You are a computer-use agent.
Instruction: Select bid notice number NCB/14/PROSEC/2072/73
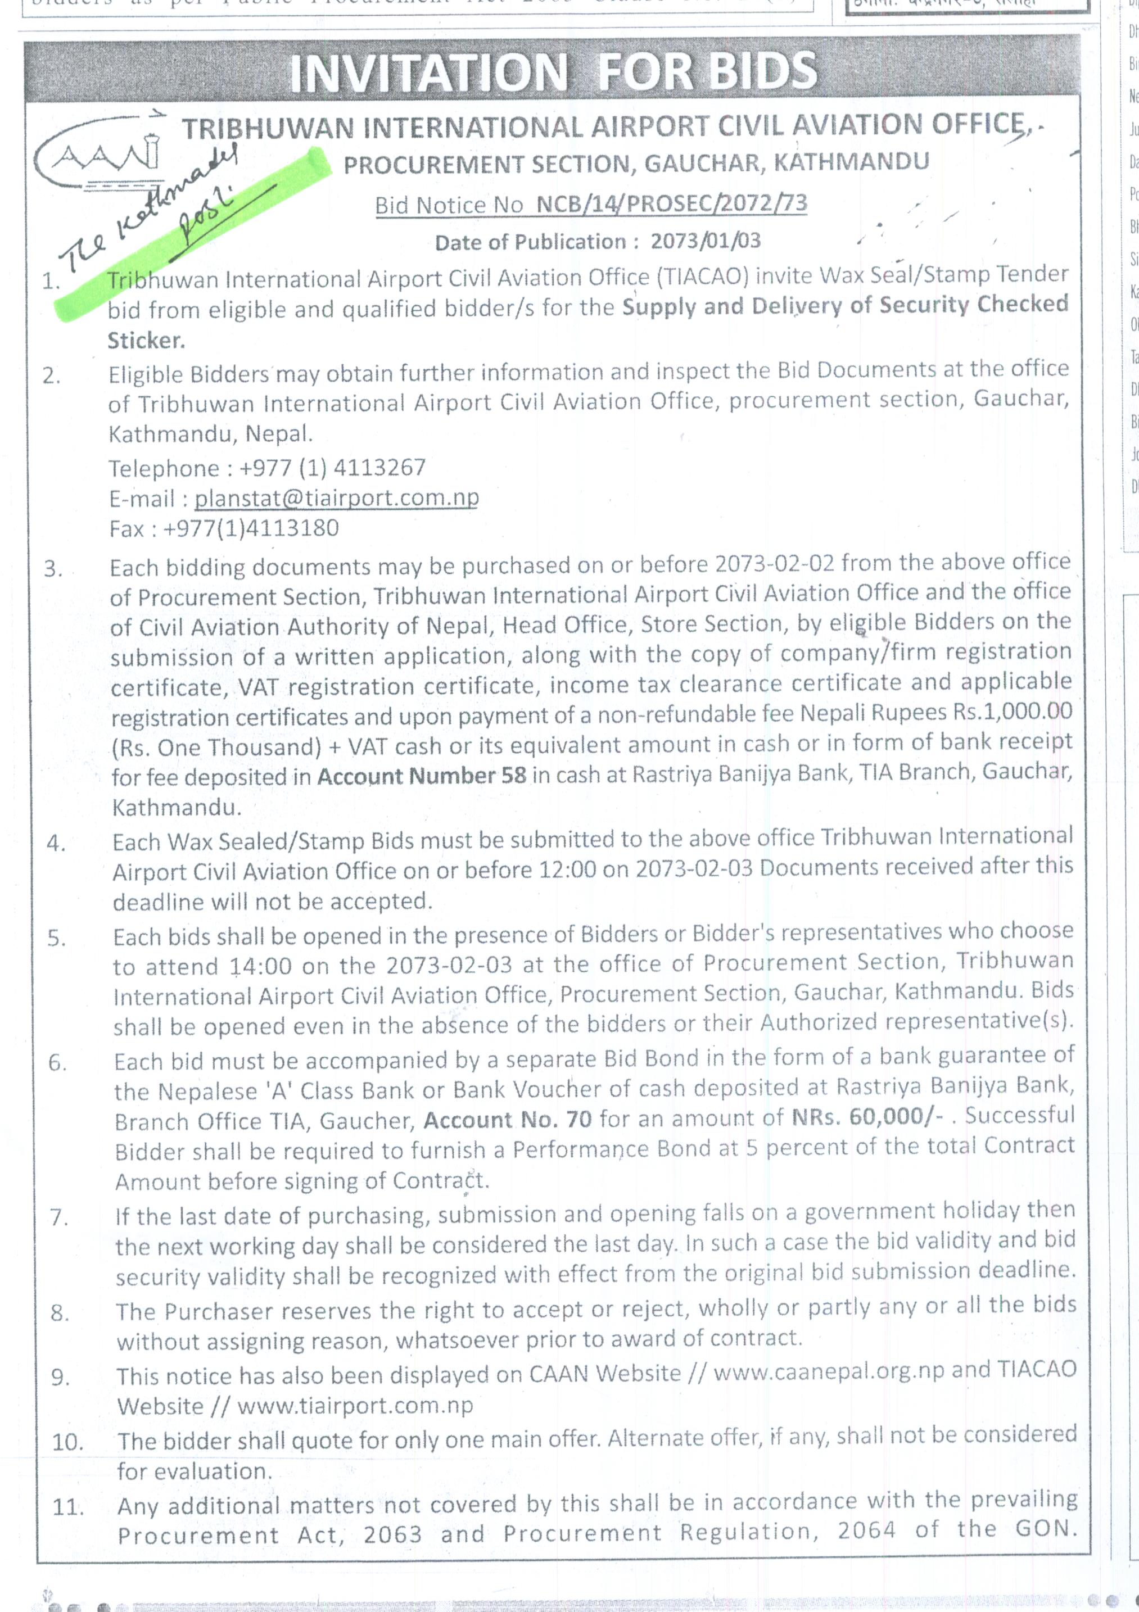click(671, 203)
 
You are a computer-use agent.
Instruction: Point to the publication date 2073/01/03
click(705, 241)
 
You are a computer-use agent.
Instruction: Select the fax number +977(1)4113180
click(251, 528)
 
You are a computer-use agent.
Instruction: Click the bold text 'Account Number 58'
click(421, 776)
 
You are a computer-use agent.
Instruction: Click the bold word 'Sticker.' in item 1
click(146, 341)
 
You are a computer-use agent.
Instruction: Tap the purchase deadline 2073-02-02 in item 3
click(775, 564)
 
